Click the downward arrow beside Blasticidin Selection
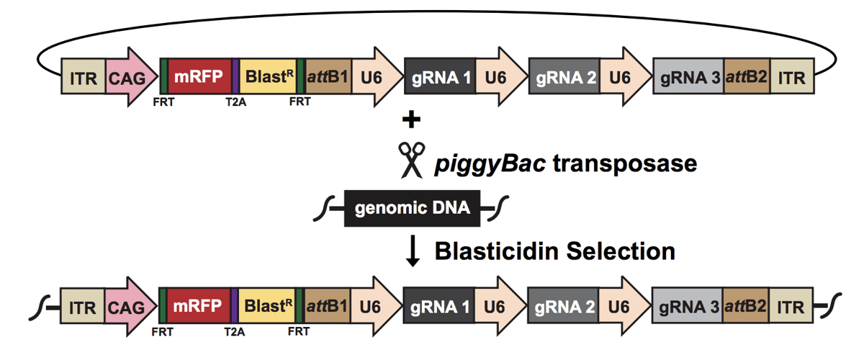point(412,252)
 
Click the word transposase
point(624,163)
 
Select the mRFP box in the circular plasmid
point(199,76)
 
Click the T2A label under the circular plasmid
point(235,102)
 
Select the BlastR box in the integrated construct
point(266,307)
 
